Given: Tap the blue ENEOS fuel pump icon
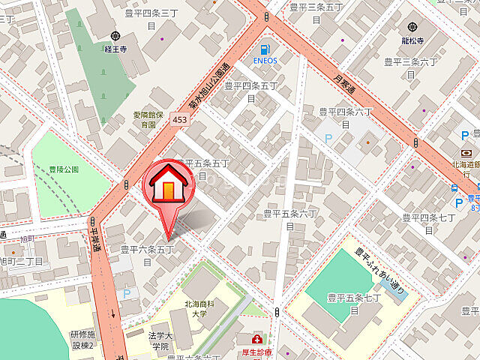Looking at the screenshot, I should pyautogui.click(x=265, y=49).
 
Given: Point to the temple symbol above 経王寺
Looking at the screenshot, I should pyautogui.click(x=115, y=35).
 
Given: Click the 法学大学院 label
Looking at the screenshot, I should pyautogui.click(x=160, y=341).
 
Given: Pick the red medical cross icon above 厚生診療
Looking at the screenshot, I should pyautogui.click(x=257, y=340).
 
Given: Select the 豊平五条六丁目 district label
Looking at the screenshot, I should pyautogui.click(x=291, y=219).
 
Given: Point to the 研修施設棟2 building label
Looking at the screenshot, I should pyautogui.click(x=82, y=339).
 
